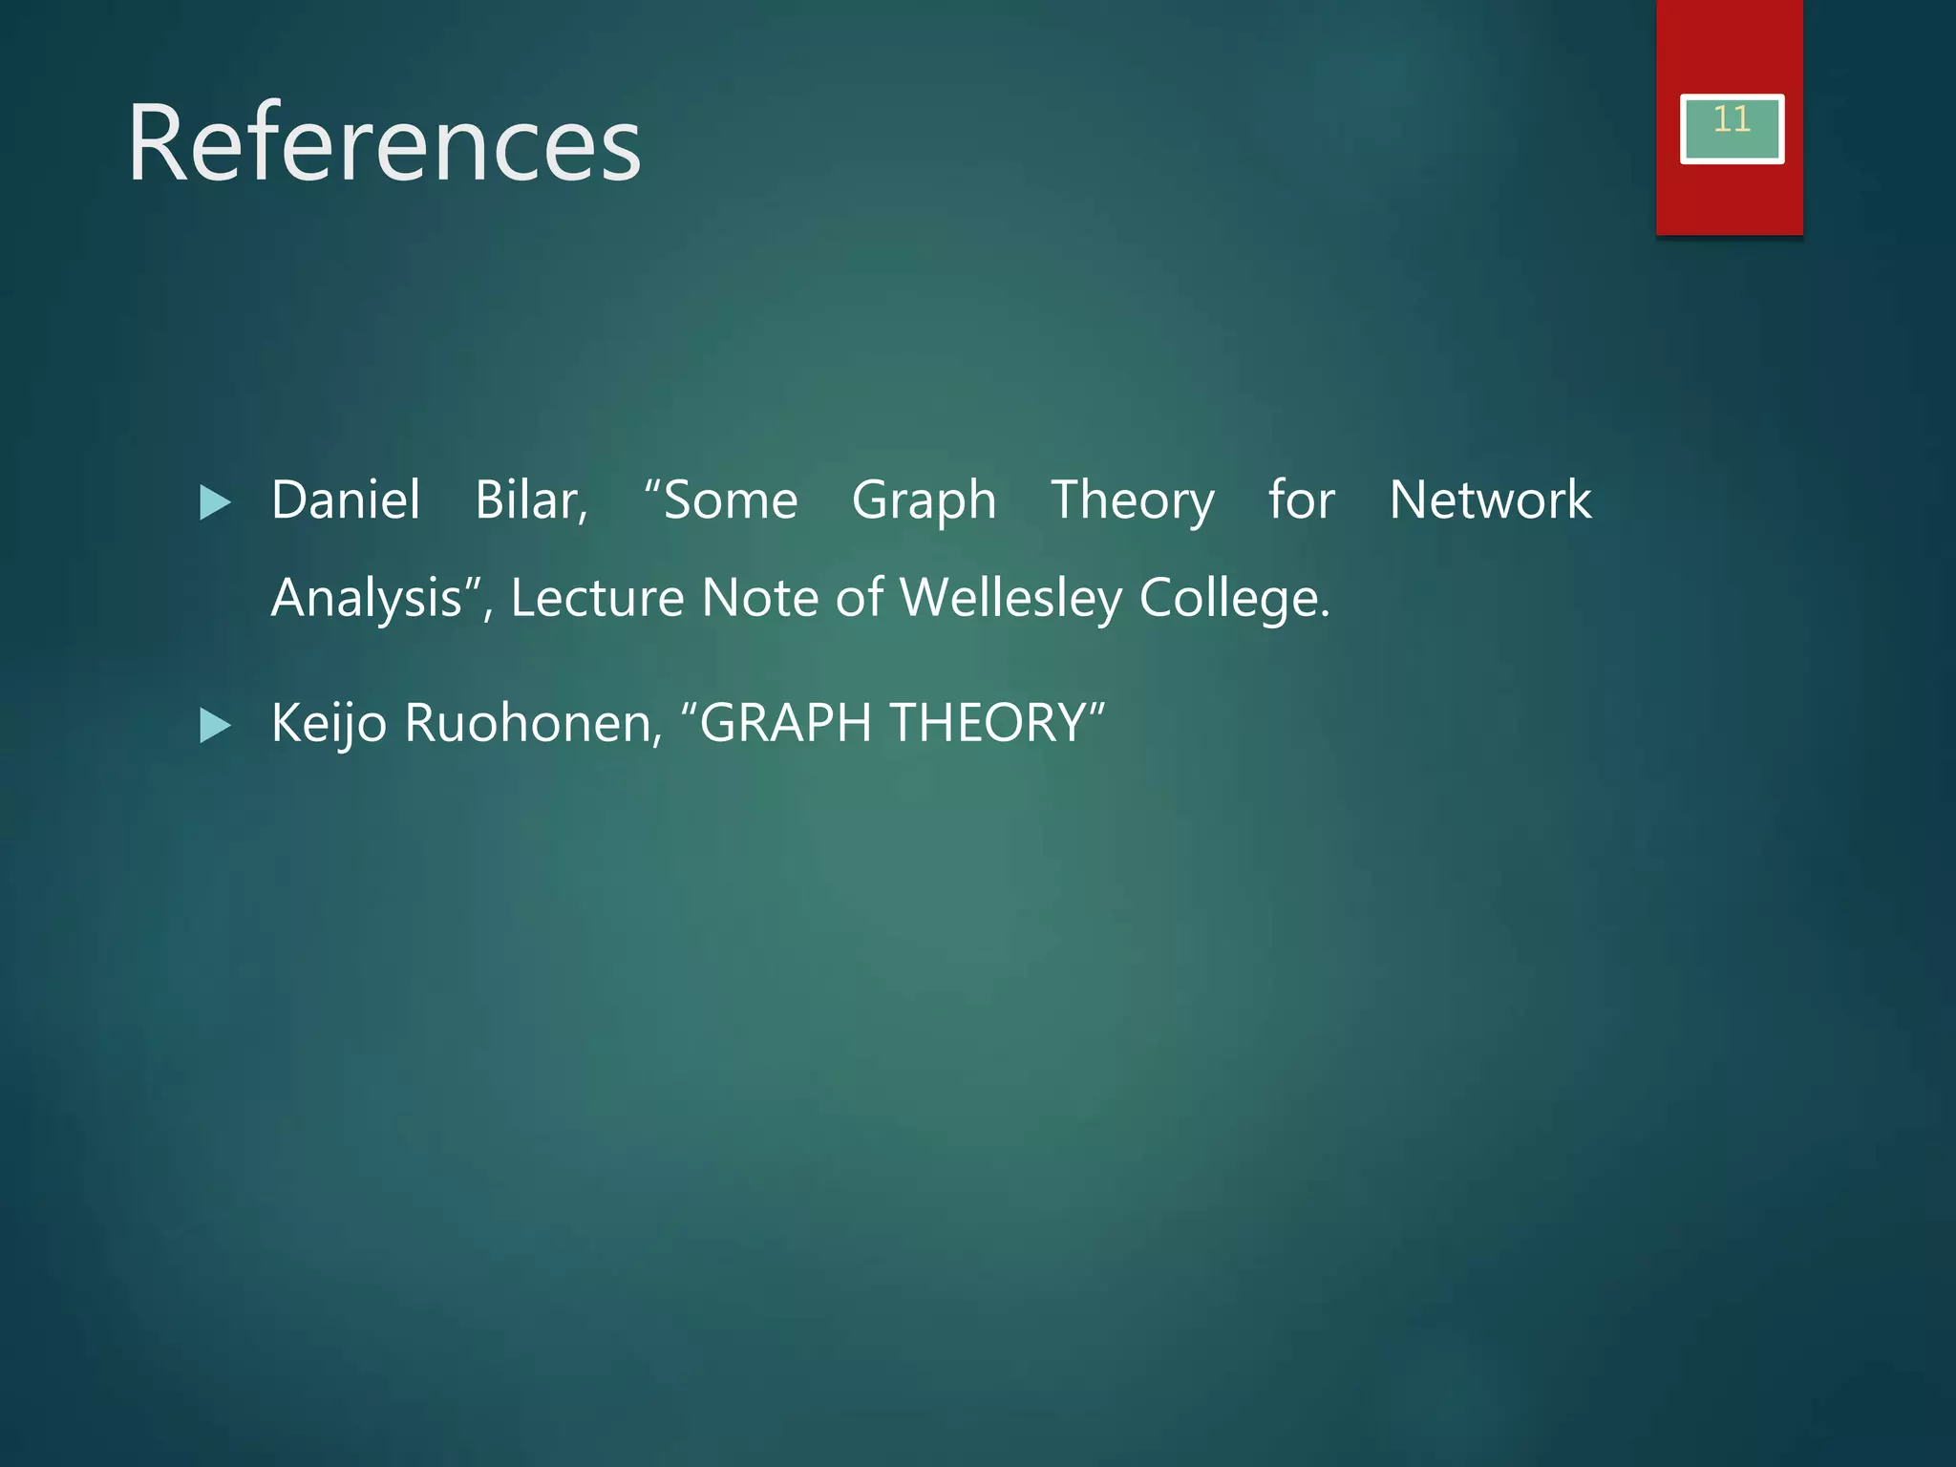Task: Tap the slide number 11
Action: click(1731, 120)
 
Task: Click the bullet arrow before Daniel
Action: click(215, 502)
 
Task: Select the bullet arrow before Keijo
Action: click(215, 726)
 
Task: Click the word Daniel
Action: click(346, 500)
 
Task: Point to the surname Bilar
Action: click(530, 500)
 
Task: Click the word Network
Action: click(1490, 500)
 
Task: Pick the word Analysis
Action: click(368, 599)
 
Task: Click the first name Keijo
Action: click(329, 723)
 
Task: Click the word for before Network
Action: click(1301, 500)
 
